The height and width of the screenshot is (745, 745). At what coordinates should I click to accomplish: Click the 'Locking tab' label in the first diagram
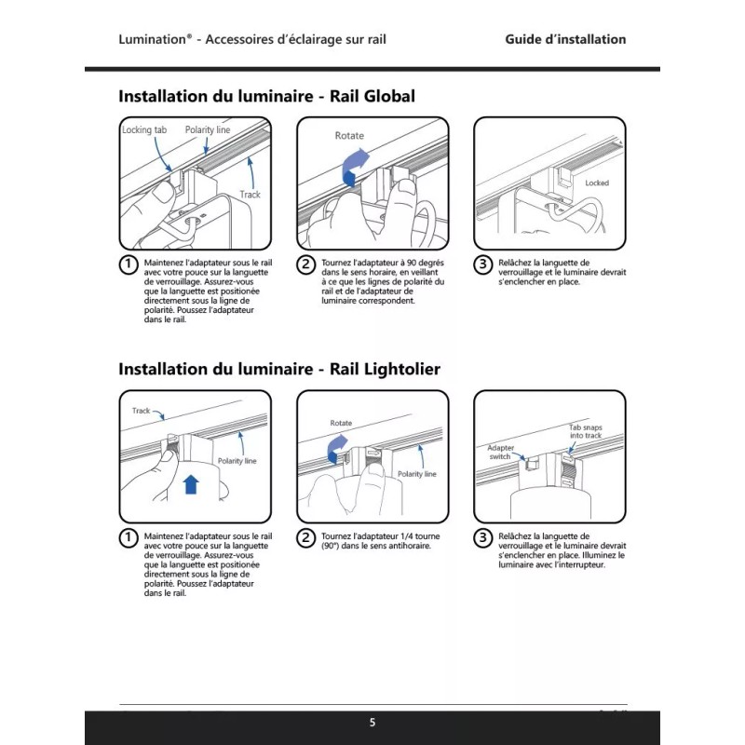pos(143,130)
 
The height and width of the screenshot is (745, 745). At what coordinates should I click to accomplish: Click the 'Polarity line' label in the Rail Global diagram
pos(207,130)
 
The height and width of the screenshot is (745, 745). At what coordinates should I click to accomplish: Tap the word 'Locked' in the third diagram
pos(596,183)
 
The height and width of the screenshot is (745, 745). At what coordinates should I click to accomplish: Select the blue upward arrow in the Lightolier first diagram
pos(191,483)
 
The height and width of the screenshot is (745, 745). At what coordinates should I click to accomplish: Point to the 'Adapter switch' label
pos(502,452)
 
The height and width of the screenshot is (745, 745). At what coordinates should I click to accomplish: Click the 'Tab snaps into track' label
pos(586,431)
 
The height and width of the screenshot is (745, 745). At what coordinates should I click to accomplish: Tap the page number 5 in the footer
pos(372,723)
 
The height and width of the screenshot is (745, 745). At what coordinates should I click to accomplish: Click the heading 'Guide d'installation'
pos(565,39)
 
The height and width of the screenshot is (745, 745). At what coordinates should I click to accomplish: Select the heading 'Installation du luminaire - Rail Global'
pos(266,96)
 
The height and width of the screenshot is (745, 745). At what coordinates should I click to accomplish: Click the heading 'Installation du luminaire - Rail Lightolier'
pos(279,369)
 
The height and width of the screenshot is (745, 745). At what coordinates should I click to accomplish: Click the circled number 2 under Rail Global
pos(305,264)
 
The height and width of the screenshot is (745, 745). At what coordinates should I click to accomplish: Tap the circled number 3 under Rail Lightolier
pos(482,537)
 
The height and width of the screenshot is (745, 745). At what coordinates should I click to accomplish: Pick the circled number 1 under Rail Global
pos(129,264)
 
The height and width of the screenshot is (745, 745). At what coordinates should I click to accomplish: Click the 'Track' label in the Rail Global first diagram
pos(250,195)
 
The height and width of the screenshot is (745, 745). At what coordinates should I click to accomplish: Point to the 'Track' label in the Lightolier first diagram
pos(142,411)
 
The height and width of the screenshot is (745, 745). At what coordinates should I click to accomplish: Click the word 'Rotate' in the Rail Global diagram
pos(349,136)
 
